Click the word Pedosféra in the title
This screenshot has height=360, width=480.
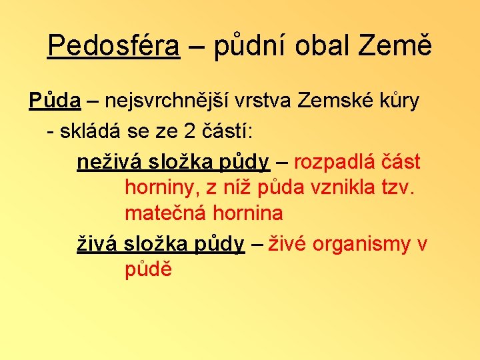(114, 45)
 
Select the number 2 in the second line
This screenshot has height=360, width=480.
(189, 131)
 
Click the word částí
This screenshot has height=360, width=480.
(227, 131)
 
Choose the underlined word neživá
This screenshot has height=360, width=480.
(105, 162)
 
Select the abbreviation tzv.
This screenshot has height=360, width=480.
(399, 189)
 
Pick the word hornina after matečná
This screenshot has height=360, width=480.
(248, 214)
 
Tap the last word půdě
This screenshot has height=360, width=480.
(148, 270)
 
